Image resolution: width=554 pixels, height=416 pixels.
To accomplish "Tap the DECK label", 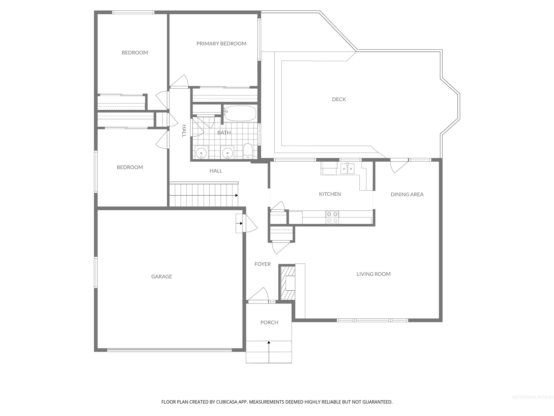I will [x=339, y=99].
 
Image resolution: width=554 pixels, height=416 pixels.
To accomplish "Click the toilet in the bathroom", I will [x=248, y=151].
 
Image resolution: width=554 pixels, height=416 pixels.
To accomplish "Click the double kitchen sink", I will [x=348, y=168].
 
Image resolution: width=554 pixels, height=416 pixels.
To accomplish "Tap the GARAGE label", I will [x=162, y=276].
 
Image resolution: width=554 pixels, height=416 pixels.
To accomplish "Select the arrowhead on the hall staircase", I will [x=236, y=195].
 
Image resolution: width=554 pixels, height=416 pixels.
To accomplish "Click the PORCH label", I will [x=269, y=322].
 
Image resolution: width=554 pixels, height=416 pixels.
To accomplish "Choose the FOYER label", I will [x=262, y=264].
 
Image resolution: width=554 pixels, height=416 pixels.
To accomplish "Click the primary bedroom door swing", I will [x=180, y=81].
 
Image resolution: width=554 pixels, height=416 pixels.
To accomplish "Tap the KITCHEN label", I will [x=330, y=194].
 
